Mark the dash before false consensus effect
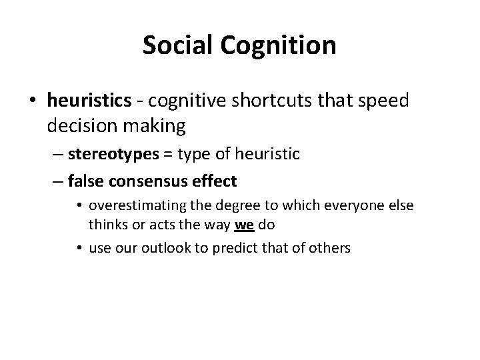56,180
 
